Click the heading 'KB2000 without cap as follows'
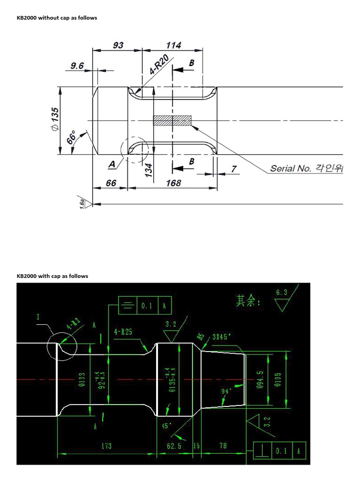point(57,18)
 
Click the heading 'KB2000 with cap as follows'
point(52,276)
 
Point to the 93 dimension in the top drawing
point(118,45)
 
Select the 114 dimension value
point(173,45)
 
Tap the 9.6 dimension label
point(77,66)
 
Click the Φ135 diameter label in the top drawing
point(55,120)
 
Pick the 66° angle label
point(72,138)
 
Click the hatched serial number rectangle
point(172,120)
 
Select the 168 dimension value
point(173,183)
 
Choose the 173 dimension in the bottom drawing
point(106,446)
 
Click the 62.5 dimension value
point(174,446)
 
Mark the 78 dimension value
point(223,445)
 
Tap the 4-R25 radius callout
point(123,332)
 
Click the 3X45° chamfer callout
point(224,337)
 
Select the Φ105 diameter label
point(279,379)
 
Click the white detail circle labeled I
point(61,346)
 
